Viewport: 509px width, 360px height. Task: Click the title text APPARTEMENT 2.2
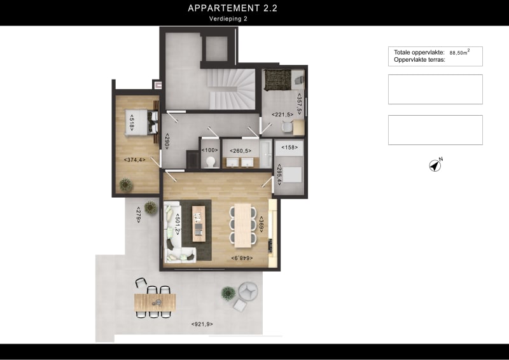[x=232, y=8]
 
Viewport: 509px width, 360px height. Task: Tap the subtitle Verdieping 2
[x=228, y=19]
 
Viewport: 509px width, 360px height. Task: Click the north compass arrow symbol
[x=435, y=165]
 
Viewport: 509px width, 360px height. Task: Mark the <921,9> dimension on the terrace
[x=202, y=324]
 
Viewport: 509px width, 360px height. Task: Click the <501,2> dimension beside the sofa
[x=178, y=224]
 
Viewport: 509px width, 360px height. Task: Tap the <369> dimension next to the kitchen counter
[x=261, y=224]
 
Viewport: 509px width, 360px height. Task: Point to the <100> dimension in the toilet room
[x=209, y=151]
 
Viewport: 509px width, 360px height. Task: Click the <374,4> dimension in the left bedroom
[x=134, y=160]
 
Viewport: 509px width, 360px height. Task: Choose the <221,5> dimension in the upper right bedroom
[x=282, y=114]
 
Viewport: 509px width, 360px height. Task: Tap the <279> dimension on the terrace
[x=139, y=214]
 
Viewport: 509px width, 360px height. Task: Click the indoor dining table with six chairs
[x=242, y=225]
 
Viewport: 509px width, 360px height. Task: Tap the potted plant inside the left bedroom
[x=126, y=184]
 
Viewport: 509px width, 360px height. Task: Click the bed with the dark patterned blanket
[x=277, y=80]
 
